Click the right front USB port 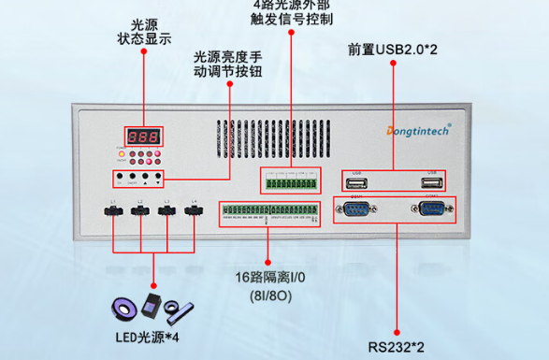[431, 180]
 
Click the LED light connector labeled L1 [113, 212]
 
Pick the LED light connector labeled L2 [140, 212]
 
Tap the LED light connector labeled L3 [167, 212]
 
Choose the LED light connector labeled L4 [194, 212]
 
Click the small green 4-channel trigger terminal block [290, 180]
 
